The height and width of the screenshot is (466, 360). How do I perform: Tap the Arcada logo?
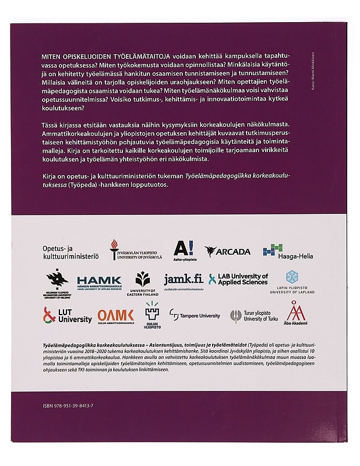[x=228, y=251]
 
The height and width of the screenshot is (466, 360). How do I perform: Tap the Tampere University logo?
[x=195, y=315]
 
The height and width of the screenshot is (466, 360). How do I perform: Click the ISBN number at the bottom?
[x=76, y=404]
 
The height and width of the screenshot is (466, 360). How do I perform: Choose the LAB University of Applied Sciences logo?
[x=238, y=279]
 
